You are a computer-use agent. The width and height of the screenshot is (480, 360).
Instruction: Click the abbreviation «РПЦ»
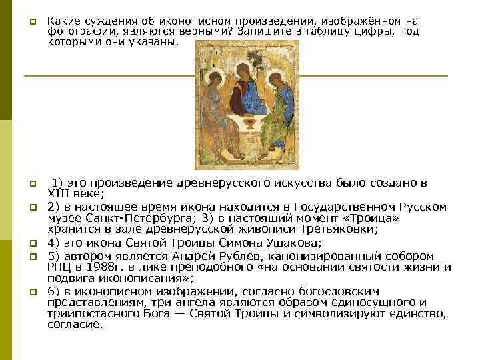[60, 267]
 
